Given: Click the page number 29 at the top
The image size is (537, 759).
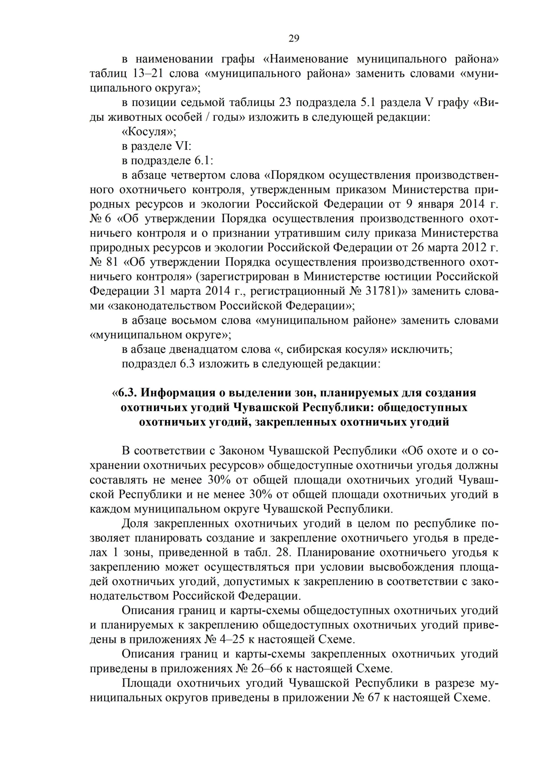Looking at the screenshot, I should point(294,38).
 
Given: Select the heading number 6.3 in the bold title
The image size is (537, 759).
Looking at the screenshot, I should point(127,393).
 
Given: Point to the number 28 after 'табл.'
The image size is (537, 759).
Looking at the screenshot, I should point(283,552).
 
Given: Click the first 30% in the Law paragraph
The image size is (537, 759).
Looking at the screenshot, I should point(218,480).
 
